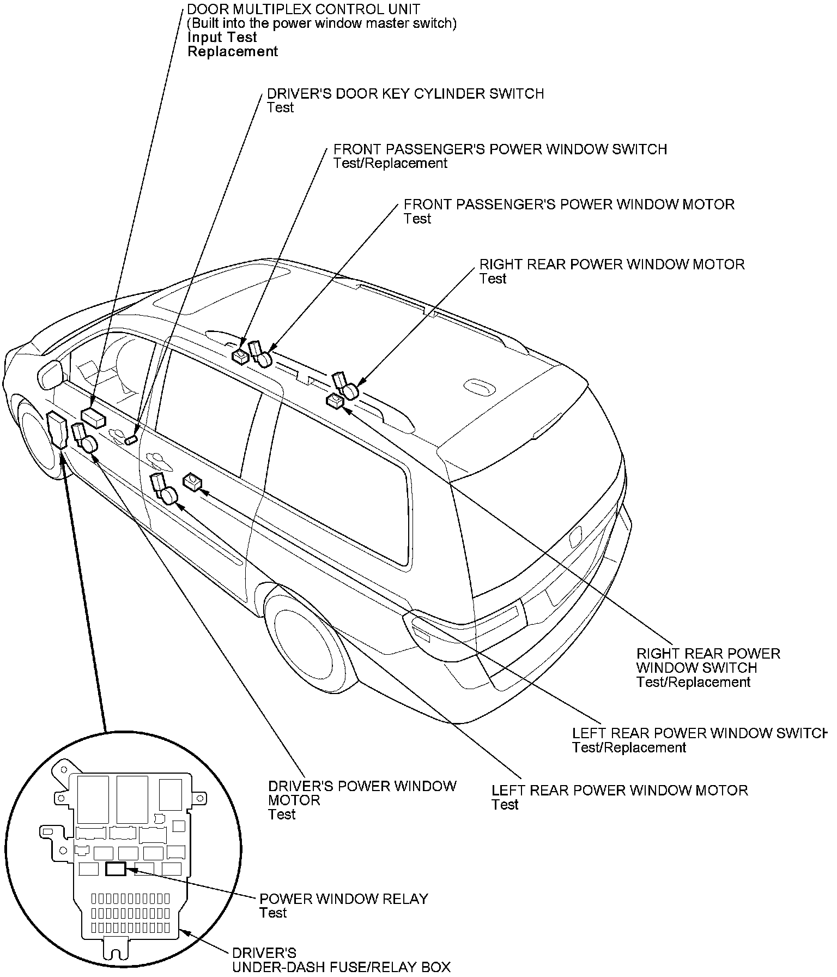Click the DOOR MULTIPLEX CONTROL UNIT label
coord(303,9)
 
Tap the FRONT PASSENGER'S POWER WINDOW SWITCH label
coord(500,149)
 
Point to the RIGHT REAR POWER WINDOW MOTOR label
coord(611,264)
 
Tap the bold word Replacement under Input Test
coord(233,52)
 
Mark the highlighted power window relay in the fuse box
coord(116,869)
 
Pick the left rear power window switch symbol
coord(192,481)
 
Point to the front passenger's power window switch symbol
coord(240,357)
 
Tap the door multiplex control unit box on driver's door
coord(93,418)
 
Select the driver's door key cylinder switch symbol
coord(131,440)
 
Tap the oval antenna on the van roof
coord(480,386)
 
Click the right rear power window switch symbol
coord(334,402)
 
